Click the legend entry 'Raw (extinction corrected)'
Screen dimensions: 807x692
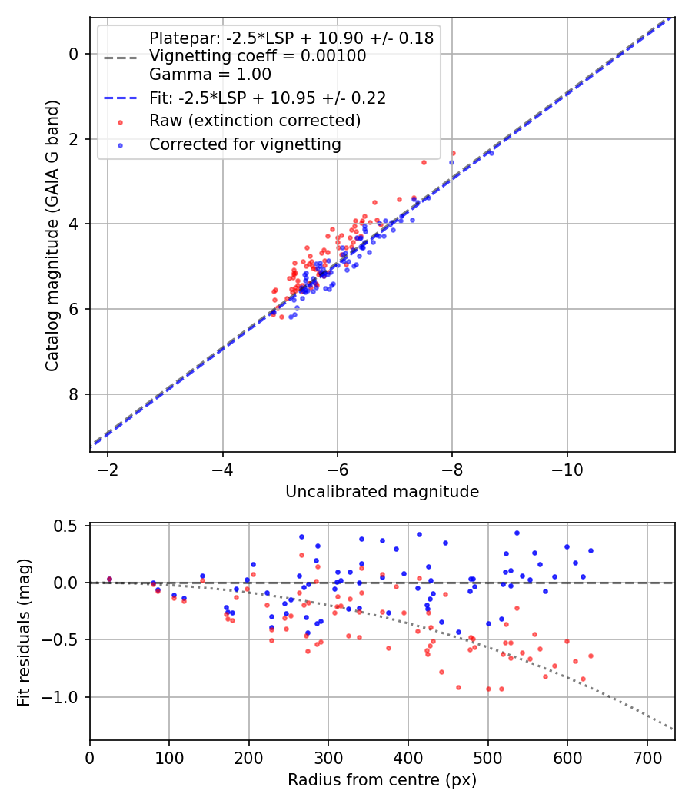pyautogui.click(x=255, y=121)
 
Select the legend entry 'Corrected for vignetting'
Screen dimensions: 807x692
pyautogui.click(x=245, y=144)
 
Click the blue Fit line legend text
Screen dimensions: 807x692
pyautogui.click(x=267, y=98)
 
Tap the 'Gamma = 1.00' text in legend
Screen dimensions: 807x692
pyautogui.click(x=210, y=75)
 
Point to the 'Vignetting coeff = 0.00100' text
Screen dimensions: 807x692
pyautogui.click(x=258, y=56)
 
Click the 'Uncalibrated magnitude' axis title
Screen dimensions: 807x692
pyautogui.click(x=382, y=492)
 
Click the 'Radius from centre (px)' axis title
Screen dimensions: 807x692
pyautogui.click(x=382, y=780)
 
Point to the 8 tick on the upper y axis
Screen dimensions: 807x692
pyautogui.click(x=74, y=394)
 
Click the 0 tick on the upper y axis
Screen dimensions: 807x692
pyautogui.click(x=74, y=54)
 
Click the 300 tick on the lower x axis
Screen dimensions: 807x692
pyautogui.click(x=328, y=758)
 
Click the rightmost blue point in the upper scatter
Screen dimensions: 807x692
pyautogui.click(x=491, y=154)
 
